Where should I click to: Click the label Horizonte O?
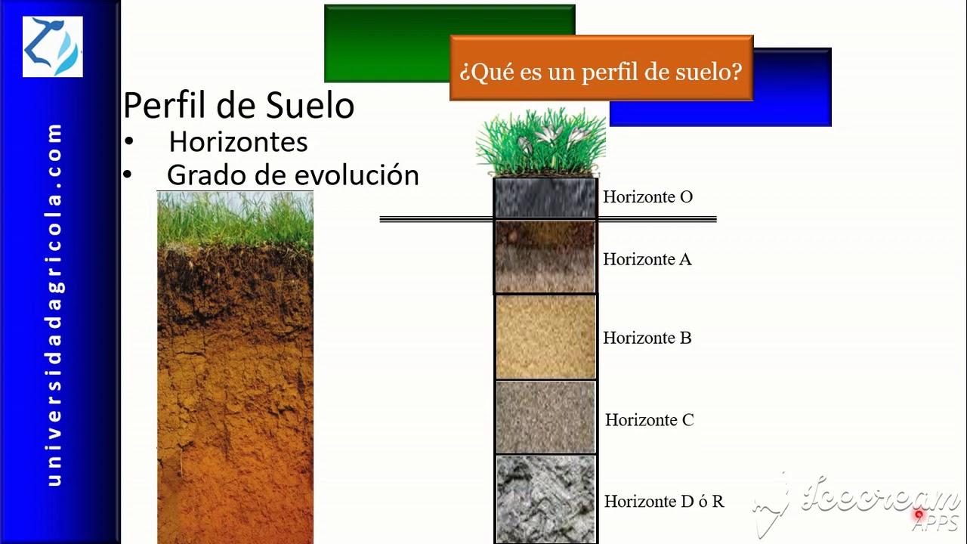647,197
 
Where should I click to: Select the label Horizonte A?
647,260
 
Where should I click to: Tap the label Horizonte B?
647,338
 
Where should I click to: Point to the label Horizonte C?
649,420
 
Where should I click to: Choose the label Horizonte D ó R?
663,502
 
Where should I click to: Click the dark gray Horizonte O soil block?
545,198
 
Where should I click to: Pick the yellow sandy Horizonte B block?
545,337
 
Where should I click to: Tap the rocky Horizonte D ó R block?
545,499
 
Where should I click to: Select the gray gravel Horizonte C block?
545,417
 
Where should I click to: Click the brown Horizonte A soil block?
545,257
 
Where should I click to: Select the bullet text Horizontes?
238,142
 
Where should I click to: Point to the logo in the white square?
52,47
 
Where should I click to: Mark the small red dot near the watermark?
919,515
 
